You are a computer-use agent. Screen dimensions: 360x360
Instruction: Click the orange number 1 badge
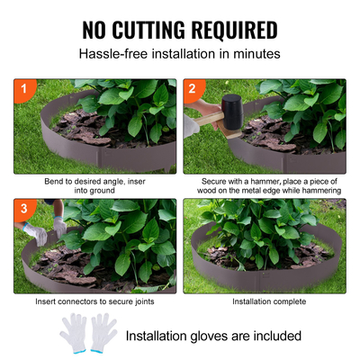(x=22, y=88)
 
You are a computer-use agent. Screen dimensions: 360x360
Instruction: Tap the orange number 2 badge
(x=192, y=88)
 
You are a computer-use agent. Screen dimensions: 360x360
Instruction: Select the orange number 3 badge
(x=22, y=208)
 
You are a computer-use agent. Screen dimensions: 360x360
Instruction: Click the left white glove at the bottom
(x=74, y=333)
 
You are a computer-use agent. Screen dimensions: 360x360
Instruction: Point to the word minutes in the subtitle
(x=255, y=53)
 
